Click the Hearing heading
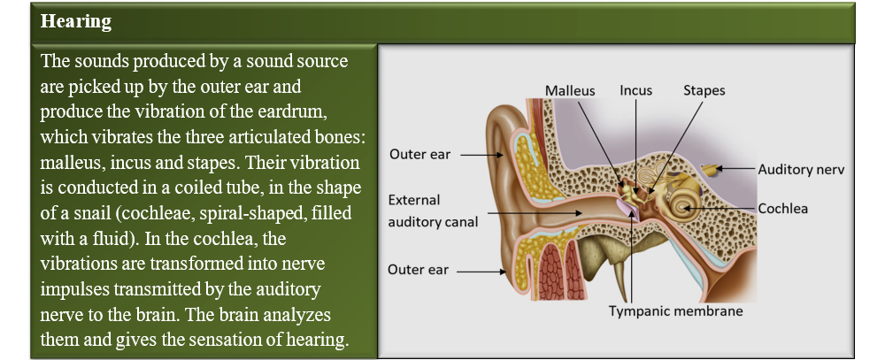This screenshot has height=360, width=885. click(76, 21)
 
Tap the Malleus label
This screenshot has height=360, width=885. click(569, 90)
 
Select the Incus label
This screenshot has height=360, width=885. click(635, 90)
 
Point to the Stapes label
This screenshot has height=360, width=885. click(704, 91)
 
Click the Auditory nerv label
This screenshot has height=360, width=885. click(801, 169)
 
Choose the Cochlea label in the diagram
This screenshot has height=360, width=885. click(783, 209)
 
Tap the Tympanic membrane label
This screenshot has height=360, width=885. click(675, 311)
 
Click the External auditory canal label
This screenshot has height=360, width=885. click(433, 211)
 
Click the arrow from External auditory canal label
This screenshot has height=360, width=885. click(535, 212)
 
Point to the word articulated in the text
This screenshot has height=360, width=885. click(265, 136)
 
